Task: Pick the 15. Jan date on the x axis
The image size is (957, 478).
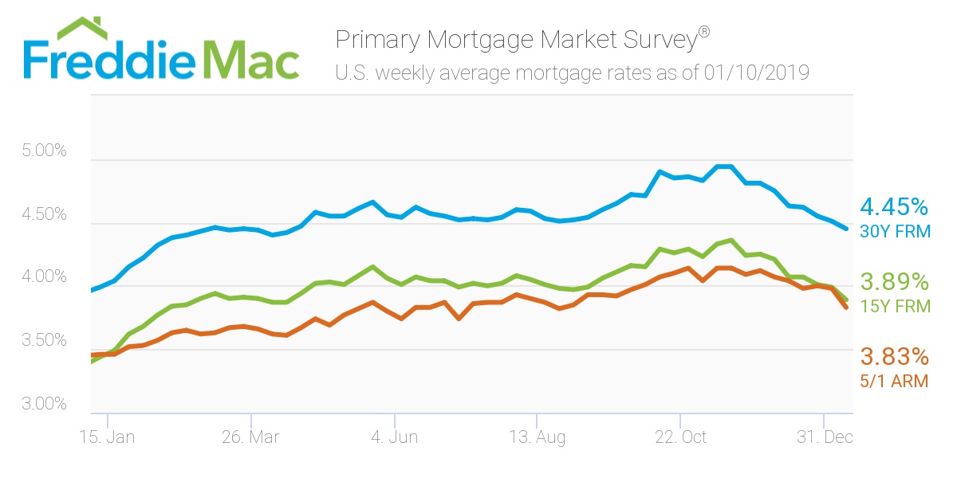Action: coord(108,437)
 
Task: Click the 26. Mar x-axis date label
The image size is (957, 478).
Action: coord(251,437)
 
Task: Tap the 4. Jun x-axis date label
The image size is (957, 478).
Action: coord(395,437)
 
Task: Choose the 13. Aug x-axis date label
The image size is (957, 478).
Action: coord(538,437)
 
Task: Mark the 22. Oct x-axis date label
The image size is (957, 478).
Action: coord(680,437)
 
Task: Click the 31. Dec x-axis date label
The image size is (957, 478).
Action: coord(823,437)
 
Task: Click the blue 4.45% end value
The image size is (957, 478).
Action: coord(894,208)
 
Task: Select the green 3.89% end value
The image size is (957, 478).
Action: coord(894,281)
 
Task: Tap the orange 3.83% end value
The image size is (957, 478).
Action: coord(894,356)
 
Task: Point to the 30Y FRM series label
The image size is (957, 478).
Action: coord(894,232)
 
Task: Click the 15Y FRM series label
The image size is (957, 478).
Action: coord(894,306)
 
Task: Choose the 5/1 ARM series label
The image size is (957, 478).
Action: coord(893,381)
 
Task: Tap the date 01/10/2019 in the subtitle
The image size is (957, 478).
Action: coord(757,73)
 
